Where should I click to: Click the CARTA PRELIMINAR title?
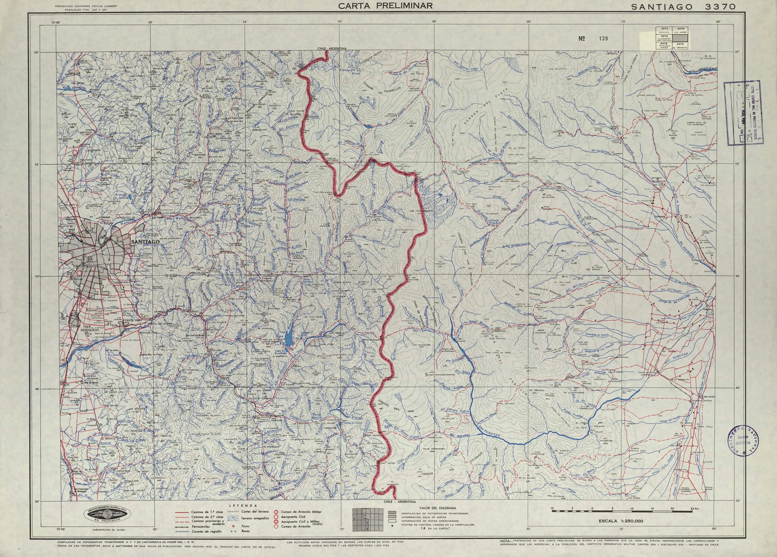click(385, 6)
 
